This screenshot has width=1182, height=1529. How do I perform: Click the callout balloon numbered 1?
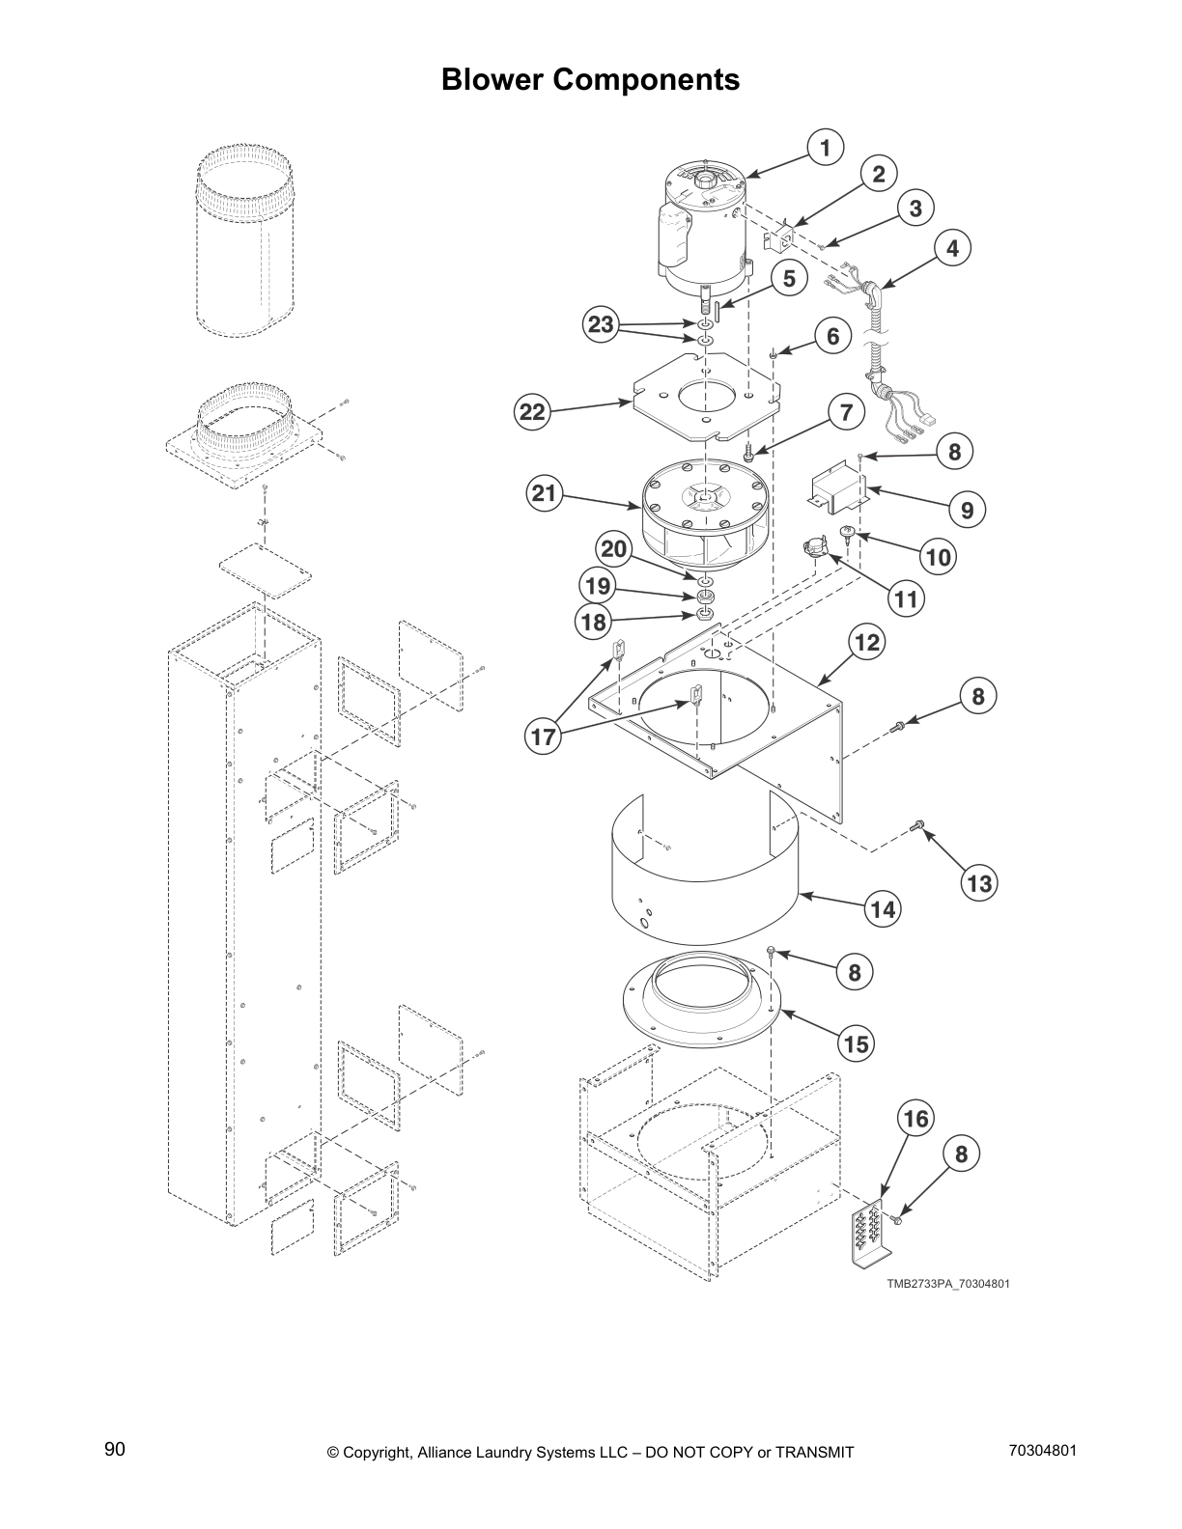825,149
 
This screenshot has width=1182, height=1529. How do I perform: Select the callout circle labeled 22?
532,412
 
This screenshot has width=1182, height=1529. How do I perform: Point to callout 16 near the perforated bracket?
915,1119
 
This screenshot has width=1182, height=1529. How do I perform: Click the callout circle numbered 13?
978,883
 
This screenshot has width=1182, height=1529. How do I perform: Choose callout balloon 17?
544,737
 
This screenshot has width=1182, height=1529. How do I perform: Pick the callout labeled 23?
601,324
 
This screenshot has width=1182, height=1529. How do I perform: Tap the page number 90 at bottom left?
115,1450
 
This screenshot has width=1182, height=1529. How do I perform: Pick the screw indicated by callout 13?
916,826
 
